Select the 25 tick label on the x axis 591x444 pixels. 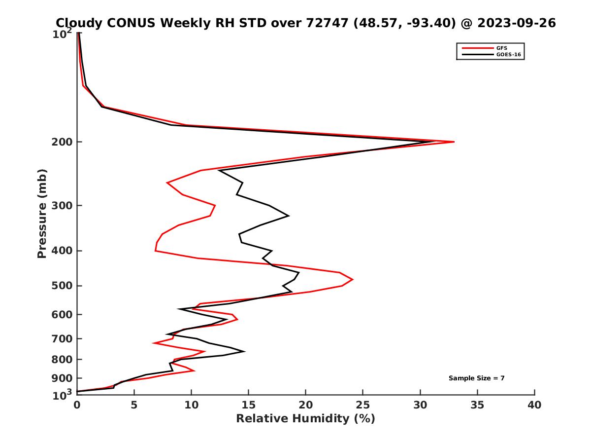363,405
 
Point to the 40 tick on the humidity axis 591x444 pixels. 534,405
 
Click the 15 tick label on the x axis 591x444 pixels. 249,405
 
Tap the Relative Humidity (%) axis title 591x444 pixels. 305,419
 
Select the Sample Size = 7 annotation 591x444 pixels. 476,378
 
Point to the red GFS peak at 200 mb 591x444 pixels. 454,142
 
